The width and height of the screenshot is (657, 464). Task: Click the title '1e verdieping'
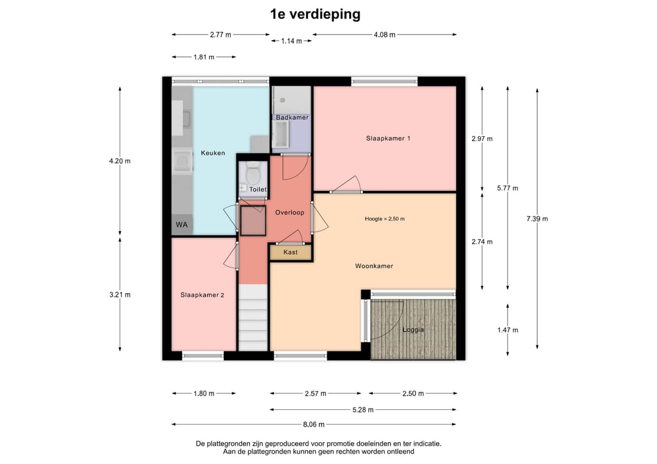315,14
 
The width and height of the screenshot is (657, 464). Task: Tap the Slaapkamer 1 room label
388,138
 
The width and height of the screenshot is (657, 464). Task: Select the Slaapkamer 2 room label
202,295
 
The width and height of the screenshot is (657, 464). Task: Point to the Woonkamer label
374,266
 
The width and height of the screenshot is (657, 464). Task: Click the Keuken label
213,153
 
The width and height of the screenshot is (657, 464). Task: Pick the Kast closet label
290,252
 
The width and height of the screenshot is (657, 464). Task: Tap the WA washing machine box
181,225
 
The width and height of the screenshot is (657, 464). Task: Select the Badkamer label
292,117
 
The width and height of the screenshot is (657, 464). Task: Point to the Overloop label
290,212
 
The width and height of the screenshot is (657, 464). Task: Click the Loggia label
413,330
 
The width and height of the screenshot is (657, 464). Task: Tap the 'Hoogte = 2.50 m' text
384,218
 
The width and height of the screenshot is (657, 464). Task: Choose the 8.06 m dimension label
314,424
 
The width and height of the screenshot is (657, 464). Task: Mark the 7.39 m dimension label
537,218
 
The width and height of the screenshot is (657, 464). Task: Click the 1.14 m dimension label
291,41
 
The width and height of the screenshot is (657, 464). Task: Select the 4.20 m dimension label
120,161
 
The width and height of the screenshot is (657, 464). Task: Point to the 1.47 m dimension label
508,330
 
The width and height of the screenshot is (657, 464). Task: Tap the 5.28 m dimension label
363,409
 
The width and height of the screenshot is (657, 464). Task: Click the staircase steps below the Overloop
253,317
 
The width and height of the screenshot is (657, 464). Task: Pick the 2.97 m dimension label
482,139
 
